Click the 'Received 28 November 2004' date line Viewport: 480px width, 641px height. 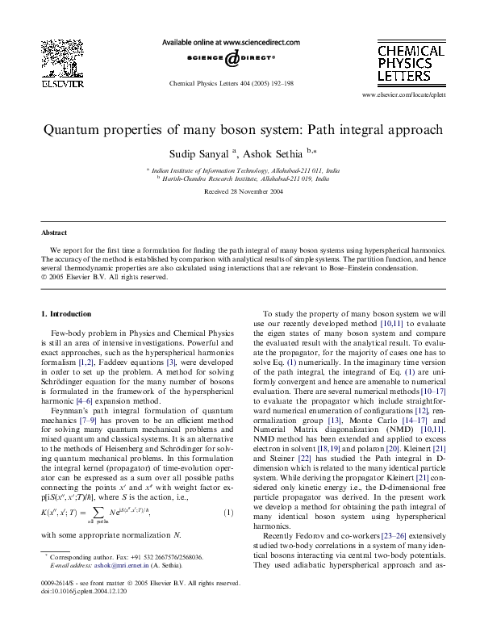click(240, 191)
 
